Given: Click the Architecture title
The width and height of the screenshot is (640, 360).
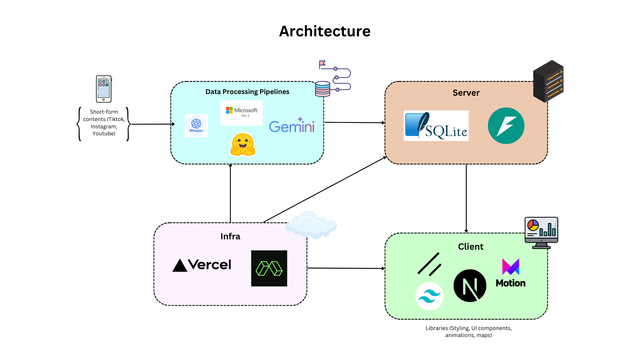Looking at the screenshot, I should click(325, 31).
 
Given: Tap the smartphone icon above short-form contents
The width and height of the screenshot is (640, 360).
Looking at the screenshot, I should click(104, 89).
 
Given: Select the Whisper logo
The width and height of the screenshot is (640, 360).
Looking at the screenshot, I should click(196, 126).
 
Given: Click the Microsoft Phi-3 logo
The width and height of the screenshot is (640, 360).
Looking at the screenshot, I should click(242, 113).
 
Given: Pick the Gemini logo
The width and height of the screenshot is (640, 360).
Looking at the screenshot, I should click(292, 126).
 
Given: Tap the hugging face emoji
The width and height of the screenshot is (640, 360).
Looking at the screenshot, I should click(243, 145).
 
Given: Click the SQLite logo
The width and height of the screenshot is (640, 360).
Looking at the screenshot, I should click(436, 126).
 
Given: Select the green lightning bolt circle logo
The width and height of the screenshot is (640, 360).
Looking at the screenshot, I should click(506, 126).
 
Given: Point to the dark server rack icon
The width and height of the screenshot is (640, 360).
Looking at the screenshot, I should click(548, 81).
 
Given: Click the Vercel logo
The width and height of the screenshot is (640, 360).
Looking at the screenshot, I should click(202, 265).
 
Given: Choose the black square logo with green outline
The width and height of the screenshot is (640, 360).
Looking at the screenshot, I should click(269, 268).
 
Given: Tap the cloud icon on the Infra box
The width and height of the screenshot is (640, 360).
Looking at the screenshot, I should click(311, 225).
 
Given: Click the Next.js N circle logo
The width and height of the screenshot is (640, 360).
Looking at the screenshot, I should click(470, 286).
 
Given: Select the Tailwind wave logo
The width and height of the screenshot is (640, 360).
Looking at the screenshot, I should click(429, 296).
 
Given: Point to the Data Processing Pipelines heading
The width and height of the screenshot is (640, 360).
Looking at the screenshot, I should click(247, 92).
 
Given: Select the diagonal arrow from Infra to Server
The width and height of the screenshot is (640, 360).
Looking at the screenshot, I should click(325, 190).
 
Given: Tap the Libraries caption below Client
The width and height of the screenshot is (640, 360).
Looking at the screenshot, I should click(469, 332).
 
